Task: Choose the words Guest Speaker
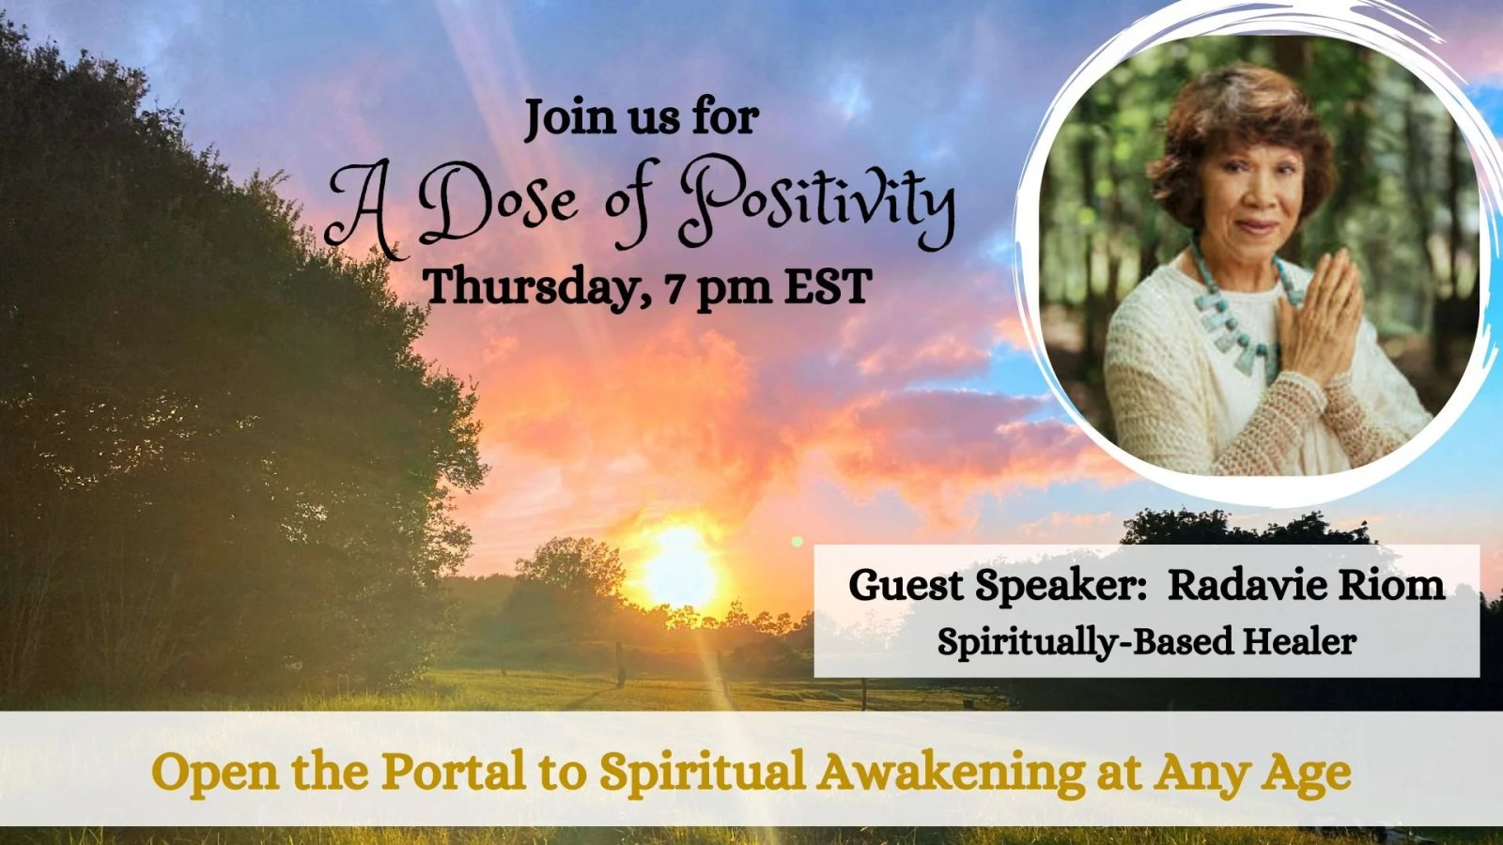[x=992, y=587]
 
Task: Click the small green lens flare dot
[x=798, y=541]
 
